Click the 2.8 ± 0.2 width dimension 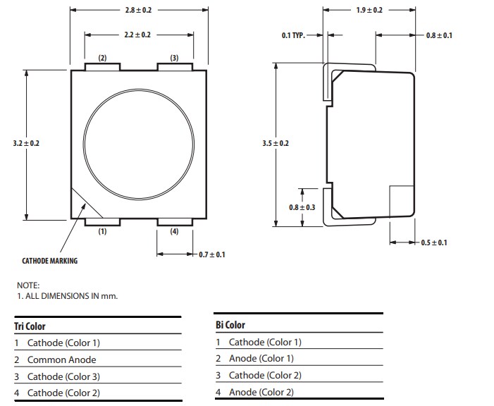click(x=138, y=11)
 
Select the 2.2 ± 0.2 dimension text click(x=138, y=34)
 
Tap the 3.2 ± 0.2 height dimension click(x=26, y=143)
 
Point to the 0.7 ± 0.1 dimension click(x=212, y=254)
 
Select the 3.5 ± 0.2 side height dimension click(x=276, y=143)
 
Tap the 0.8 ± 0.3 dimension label click(x=302, y=207)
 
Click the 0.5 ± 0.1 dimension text click(x=433, y=242)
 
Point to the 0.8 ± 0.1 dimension click(x=439, y=35)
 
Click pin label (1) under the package click(x=102, y=231)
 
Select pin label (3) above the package click(x=174, y=58)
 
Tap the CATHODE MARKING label click(x=49, y=261)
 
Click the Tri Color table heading click(x=30, y=326)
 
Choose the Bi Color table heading click(x=230, y=325)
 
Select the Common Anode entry click(x=61, y=359)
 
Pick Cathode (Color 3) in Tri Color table click(x=63, y=376)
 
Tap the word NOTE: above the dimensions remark click(x=28, y=285)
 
